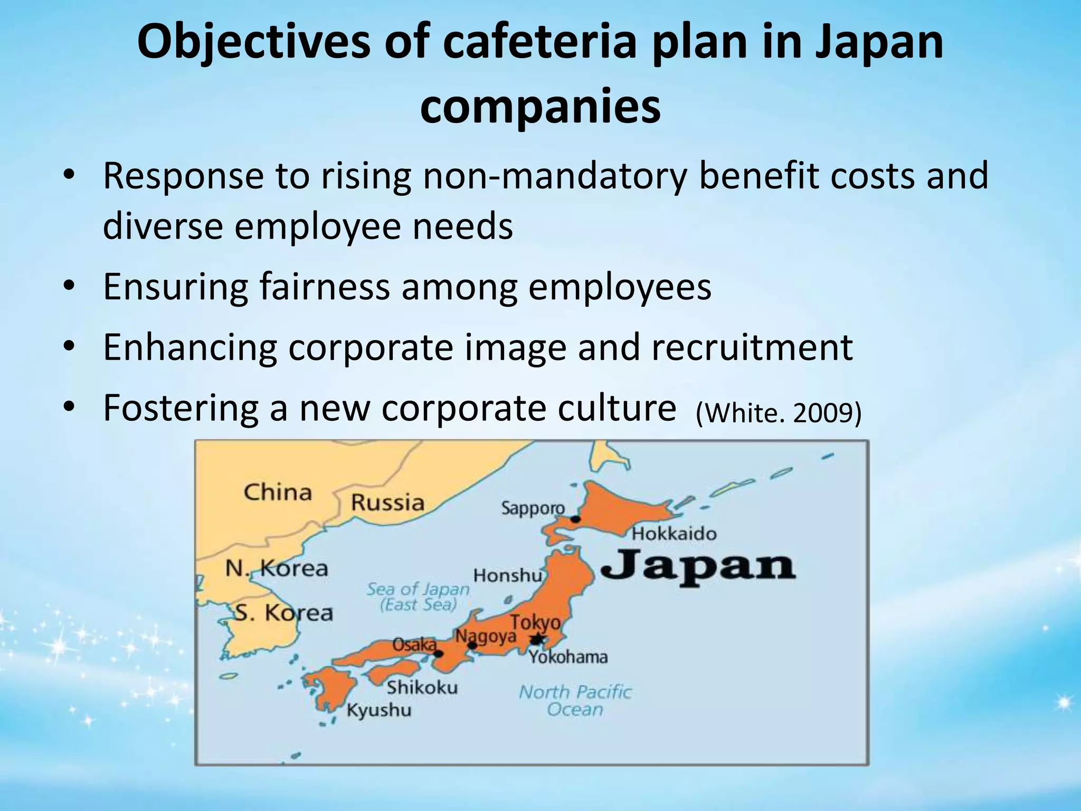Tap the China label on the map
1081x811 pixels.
[278, 493]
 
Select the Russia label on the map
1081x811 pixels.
[387, 502]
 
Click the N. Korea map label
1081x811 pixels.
[277, 569]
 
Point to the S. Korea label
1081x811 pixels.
[283, 612]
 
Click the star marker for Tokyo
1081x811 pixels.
[537, 639]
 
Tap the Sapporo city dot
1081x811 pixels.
[575, 519]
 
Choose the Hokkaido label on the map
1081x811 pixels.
[674, 534]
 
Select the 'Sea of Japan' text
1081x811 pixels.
[418, 589]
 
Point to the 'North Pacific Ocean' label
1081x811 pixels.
[575, 700]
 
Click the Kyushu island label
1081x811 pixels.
[378, 710]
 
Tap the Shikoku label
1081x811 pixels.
[422, 687]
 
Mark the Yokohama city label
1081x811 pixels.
[568, 657]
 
